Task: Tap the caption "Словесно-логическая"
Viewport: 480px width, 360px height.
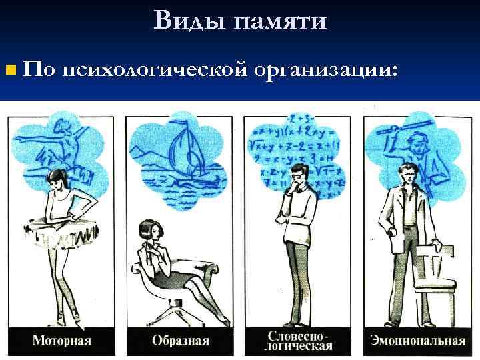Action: (x=299, y=340)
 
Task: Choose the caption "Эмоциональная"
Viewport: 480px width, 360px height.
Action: (x=418, y=341)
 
